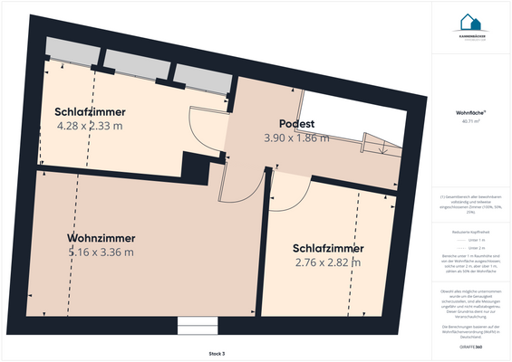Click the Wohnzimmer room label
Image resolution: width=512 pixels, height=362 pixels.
click(101, 238)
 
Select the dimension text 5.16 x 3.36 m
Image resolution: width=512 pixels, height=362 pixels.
click(101, 252)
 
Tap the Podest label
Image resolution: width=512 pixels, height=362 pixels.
click(296, 124)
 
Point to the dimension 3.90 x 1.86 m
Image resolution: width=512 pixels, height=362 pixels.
click(296, 138)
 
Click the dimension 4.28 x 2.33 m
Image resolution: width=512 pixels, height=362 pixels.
click(91, 127)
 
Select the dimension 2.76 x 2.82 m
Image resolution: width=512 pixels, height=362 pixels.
click(328, 262)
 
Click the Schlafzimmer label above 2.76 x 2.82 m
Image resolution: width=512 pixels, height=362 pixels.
click(328, 248)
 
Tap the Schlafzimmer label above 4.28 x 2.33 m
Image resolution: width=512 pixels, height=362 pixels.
click(91, 112)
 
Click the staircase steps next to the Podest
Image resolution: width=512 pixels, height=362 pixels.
click(380, 142)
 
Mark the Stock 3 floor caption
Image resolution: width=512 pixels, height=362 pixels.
click(216, 352)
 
